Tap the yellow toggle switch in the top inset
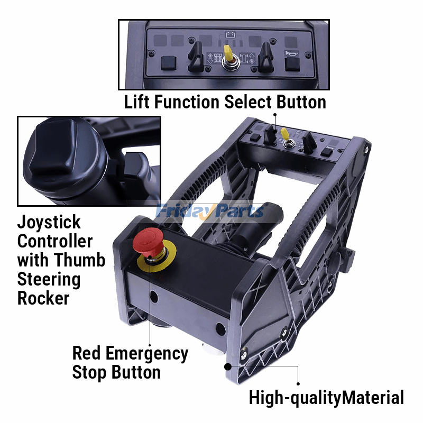[229, 53]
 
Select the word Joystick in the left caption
[49, 223]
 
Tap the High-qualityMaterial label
[326, 397]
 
